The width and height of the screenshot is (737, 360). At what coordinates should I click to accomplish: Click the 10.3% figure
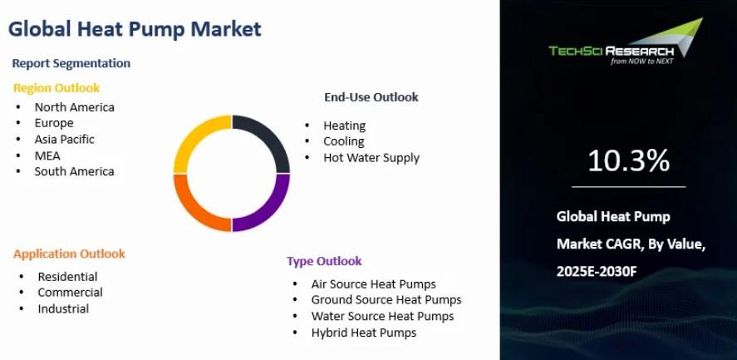click(x=628, y=160)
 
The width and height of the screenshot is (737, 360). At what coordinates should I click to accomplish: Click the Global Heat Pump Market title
click(x=135, y=29)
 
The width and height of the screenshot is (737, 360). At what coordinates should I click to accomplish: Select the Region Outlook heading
click(x=57, y=88)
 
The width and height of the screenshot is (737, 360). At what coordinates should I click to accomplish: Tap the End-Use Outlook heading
click(x=371, y=97)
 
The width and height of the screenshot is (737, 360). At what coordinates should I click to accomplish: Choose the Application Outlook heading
click(x=69, y=254)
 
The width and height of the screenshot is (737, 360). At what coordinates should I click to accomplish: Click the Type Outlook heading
click(x=324, y=261)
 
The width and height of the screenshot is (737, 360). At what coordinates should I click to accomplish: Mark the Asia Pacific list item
click(x=64, y=140)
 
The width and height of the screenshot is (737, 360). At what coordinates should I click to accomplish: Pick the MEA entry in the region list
click(x=47, y=155)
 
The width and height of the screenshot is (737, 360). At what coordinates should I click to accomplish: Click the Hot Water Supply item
click(x=371, y=158)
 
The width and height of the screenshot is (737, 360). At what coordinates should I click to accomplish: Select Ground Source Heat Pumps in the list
click(x=386, y=300)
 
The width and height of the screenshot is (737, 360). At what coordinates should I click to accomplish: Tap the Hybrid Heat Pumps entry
click(x=364, y=333)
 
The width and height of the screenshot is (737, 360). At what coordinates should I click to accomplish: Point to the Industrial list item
click(x=63, y=308)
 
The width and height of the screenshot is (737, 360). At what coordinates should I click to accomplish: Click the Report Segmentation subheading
click(x=71, y=63)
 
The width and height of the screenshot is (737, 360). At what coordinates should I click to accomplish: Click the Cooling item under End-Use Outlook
click(x=344, y=141)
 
